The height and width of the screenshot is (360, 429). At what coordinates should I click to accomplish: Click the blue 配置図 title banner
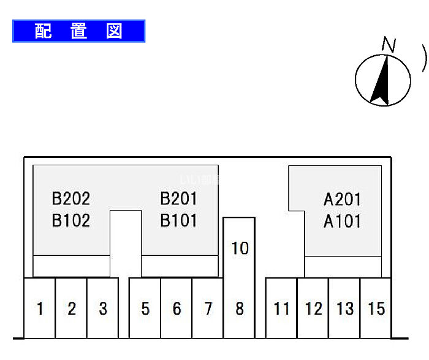click(x=78, y=31)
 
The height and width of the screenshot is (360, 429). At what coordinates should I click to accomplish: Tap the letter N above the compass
click(x=388, y=44)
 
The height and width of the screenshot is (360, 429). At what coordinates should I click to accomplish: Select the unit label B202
click(x=70, y=198)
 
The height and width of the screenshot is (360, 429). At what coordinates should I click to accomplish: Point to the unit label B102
click(x=70, y=220)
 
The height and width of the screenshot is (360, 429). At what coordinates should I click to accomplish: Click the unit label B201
click(x=178, y=198)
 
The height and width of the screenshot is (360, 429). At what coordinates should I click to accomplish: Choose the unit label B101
click(x=178, y=220)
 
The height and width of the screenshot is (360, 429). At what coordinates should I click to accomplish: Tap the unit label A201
click(x=342, y=200)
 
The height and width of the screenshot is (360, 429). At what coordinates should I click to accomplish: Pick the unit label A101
click(x=342, y=221)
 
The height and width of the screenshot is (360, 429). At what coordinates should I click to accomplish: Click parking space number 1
click(x=40, y=309)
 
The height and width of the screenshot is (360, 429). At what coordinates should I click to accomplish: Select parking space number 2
click(x=72, y=309)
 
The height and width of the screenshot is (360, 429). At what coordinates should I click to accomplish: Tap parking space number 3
click(x=103, y=309)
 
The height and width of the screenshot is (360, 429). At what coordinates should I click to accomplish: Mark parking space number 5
click(x=145, y=309)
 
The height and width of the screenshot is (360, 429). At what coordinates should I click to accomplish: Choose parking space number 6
click(x=177, y=309)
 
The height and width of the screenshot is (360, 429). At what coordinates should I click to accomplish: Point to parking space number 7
click(x=208, y=309)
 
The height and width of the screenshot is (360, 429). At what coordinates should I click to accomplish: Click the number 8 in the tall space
click(x=239, y=309)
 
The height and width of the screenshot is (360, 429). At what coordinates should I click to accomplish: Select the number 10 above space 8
click(x=240, y=249)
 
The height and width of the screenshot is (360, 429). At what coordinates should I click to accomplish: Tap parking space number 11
click(x=281, y=309)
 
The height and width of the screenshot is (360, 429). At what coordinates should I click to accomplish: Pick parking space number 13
click(x=345, y=309)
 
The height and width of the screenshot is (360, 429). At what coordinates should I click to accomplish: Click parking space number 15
click(x=376, y=309)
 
